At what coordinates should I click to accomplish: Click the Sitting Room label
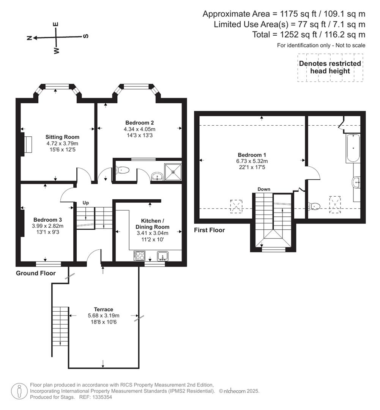pos(62,137)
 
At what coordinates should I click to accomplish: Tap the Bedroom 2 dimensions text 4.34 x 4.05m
pos(140,129)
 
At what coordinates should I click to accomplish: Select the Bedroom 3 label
pos(47,220)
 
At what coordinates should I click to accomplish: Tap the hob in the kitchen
pos(139,256)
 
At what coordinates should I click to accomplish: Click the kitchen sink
pos(163,256)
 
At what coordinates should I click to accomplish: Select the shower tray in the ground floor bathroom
pos(173,172)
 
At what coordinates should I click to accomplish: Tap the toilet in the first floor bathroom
pos(315,206)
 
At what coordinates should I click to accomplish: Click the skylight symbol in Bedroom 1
pos(236,206)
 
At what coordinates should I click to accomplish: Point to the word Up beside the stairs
pos(86,203)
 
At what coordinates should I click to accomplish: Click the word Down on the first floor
pos(263,189)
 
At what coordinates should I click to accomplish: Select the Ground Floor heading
pos(36,273)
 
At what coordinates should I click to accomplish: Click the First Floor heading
pos(209,230)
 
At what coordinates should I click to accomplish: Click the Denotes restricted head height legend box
pos(330,67)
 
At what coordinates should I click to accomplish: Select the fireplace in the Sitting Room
pos(26,144)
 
